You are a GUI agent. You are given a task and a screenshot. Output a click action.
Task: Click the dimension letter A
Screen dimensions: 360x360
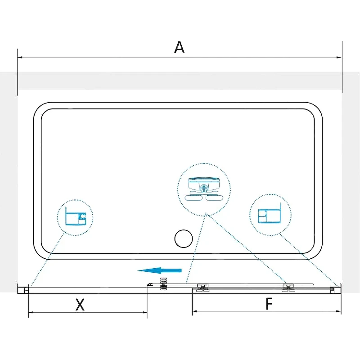point(179,47)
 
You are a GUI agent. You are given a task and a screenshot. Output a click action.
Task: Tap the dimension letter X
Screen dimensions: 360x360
point(80,305)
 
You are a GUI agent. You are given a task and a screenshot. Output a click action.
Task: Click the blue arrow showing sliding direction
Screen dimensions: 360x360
point(159,270)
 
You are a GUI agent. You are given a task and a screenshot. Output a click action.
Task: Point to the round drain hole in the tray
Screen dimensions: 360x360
point(184,238)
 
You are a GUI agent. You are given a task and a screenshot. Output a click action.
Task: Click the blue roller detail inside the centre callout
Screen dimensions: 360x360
point(204,189)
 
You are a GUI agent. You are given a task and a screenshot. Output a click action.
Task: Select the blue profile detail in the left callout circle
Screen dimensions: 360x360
point(76,216)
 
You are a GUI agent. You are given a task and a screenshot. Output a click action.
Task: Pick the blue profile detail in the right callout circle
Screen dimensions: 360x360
point(270,213)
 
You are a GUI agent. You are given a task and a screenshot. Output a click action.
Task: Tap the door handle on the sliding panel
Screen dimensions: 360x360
point(163,284)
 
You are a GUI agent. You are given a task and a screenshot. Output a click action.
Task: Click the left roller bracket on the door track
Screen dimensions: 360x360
point(202,288)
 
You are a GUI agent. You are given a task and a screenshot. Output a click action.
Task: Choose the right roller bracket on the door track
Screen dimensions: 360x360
point(288,288)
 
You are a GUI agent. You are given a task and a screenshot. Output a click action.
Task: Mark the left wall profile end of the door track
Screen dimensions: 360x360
point(23,288)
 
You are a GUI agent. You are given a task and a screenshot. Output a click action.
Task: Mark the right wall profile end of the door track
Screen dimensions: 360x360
point(335,288)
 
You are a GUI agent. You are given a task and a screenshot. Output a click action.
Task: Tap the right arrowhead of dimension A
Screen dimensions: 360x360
point(339,57)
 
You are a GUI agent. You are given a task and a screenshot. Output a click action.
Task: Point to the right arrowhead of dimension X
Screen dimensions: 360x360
point(144,312)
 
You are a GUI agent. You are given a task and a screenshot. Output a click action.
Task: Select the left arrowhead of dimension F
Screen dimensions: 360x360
point(195,311)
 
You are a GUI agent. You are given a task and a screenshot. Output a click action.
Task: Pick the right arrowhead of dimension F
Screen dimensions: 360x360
point(339,311)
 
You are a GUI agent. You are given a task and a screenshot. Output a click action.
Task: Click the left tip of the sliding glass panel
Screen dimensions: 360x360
point(148,285)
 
